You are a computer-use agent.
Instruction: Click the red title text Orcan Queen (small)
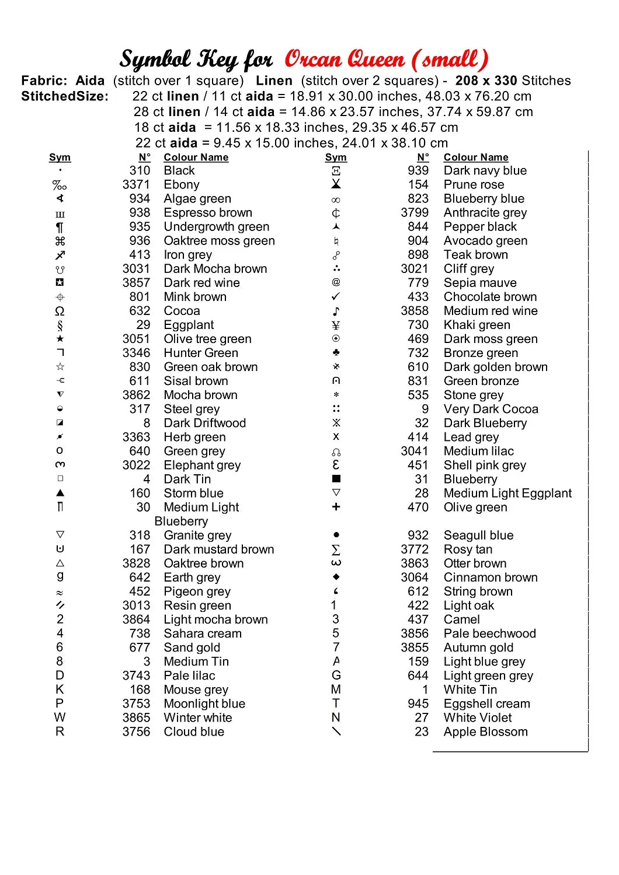click(386, 60)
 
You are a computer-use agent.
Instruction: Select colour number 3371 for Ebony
click(136, 185)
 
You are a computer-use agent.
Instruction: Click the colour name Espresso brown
click(208, 213)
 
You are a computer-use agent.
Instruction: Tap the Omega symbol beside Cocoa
click(60, 311)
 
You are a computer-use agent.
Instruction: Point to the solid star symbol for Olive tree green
click(60, 339)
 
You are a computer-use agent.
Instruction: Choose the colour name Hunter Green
click(201, 353)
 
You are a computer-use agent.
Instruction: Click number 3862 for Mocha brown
click(136, 395)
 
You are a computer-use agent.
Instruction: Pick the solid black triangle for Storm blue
click(60, 493)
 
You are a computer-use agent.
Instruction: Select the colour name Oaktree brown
click(204, 563)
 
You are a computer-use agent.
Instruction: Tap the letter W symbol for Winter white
click(60, 717)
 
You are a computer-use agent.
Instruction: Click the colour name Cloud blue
click(194, 731)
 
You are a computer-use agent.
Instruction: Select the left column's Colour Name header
click(196, 157)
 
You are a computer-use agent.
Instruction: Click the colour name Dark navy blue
click(485, 171)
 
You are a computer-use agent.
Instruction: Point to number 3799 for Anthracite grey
click(415, 213)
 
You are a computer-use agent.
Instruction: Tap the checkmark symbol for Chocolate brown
click(336, 297)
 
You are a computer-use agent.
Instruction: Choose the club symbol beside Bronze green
click(336, 353)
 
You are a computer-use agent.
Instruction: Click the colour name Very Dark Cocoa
click(491, 409)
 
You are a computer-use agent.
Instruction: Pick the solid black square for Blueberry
click(336, 479)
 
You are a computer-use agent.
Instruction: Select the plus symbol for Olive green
click(336, 508)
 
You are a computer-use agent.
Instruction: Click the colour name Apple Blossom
click(486, 731)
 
